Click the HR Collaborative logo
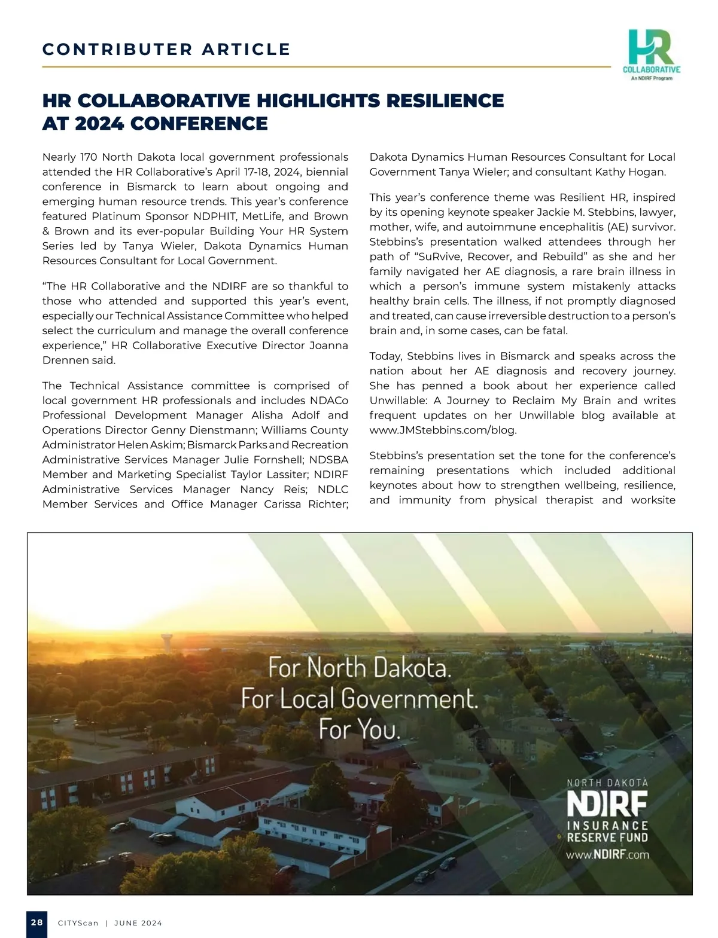652,54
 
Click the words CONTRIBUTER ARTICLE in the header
166,49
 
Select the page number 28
37,922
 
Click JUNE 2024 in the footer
138,923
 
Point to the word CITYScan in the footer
78,923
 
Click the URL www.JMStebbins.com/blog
443,430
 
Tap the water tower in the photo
168,641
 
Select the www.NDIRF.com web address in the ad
607,854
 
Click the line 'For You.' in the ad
360,729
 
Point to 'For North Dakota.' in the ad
360,667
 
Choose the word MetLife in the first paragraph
263,216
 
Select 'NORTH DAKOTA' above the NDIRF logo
607,782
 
